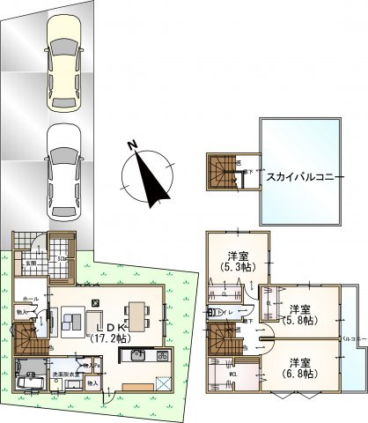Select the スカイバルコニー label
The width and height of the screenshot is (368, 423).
[x=297, y=174]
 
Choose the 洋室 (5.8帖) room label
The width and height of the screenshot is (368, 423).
[x=300, y=315]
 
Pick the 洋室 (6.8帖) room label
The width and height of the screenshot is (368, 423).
[x=300, y=367]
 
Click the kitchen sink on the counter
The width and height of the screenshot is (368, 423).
[x=139, y=355]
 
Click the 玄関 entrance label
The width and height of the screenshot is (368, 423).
[x=29, y=263]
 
